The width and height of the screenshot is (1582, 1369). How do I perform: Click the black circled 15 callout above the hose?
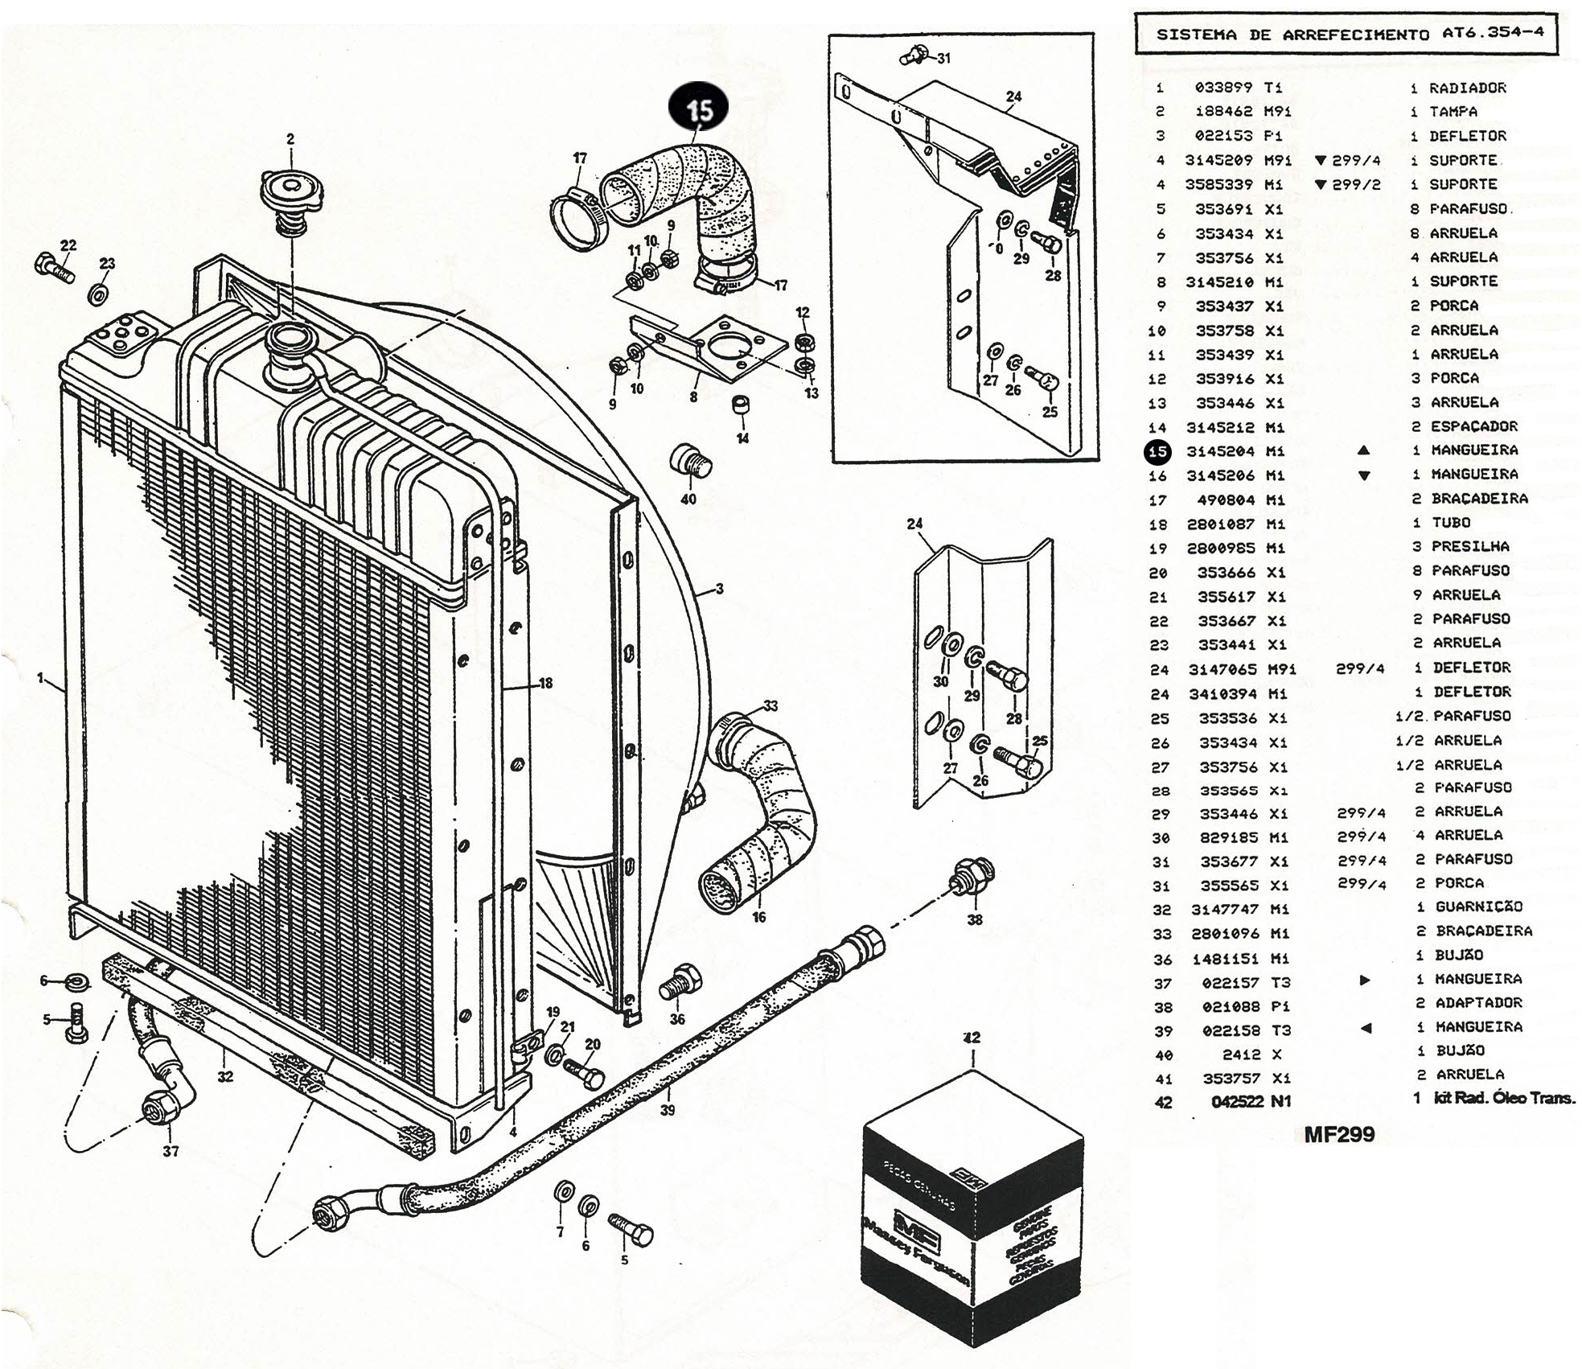pyautogui.click(x=699, y=110)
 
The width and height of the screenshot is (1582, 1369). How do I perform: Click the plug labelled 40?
pyautogui.click(x=691, y=461)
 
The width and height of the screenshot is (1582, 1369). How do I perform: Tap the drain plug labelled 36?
pyautogui.click(x=680, y=980)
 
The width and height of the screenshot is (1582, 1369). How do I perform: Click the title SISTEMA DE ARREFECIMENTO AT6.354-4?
pyautogui.click(x=1346, y=35)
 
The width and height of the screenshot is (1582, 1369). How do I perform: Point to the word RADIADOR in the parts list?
pyautogui.click(x=1467, y=88)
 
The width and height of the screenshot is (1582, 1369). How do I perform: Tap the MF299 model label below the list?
pyautogui.click(x=1339, y=1135)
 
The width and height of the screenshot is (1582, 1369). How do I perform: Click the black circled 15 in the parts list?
pyautogui.click(x=1157, y=451)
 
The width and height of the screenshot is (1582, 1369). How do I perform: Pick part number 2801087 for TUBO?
pyautogui.click(x=1220, y=524)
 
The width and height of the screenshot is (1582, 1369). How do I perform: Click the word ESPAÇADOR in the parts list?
pyautogui.click(x=1473, y=426)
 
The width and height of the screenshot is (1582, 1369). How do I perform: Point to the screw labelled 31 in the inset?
pyautogui.click(x=912, y=55)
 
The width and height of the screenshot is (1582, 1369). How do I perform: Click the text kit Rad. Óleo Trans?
pyautogui.click(x=1505, y=1098)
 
